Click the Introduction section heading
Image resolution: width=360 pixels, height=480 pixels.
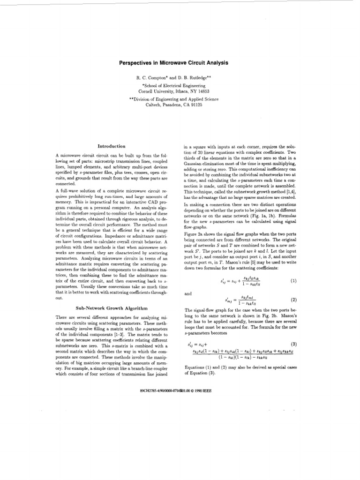pyautogui.click(x=111, y=147)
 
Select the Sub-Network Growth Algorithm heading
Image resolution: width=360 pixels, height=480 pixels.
pyautogui.click(x=112, y=308)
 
